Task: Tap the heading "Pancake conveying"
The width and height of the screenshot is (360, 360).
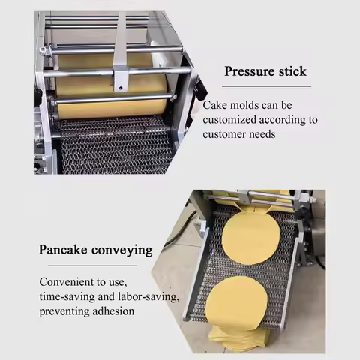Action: click(96, 249)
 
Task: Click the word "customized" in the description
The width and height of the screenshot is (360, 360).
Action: click(232, 119)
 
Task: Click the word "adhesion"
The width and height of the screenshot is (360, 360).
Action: click(115, 310)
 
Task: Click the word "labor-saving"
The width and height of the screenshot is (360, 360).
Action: click(152, 297)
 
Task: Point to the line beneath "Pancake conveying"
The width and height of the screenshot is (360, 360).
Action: click(88, 265)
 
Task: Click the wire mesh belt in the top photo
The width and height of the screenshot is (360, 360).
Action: click(112, 146)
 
